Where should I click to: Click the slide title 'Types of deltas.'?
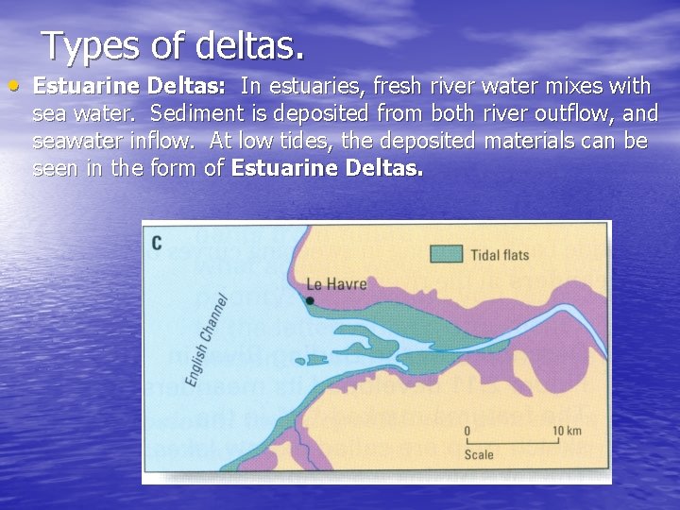[x=173, y=45]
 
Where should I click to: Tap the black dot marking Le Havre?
[x=310, y=301]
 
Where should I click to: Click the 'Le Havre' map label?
[x=337, y=283]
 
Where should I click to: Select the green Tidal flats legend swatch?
[x=446, y=253]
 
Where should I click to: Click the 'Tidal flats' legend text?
[x=500, y=254]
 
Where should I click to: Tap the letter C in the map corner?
[x=157, y=244]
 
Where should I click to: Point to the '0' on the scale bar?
[x=467, y=431]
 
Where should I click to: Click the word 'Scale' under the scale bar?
[x=479, y=455]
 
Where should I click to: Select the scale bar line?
[x=512, y=441]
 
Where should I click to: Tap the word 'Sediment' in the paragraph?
[x=196, y=114]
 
